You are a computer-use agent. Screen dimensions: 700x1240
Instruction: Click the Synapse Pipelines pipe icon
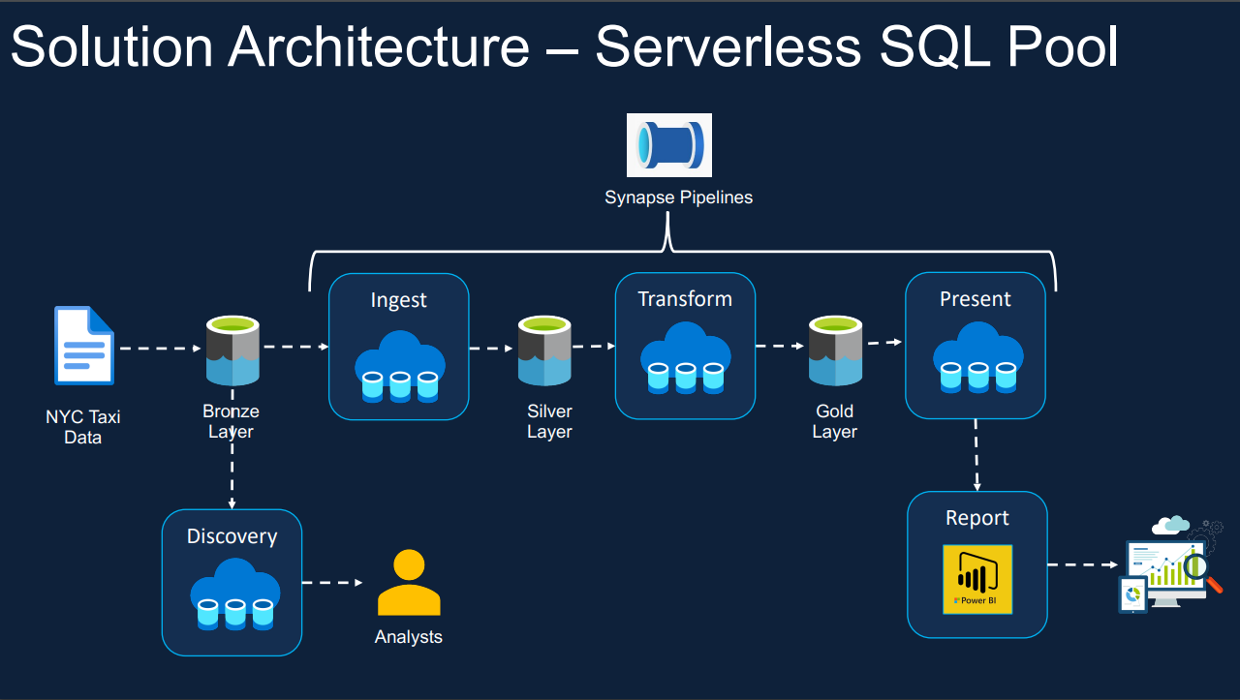pyautogui.click(x=668, y=145)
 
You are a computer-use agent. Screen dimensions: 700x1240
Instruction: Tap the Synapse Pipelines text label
pyautogui.click(x=678, y=198)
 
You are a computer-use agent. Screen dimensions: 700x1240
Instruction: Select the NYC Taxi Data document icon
pyautogui.click(x=84, y=346)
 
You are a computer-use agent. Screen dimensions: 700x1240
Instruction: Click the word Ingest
pyautogui.click(x=398, y=300)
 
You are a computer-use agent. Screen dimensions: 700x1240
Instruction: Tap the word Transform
pyautogui.click(x=685, y=299)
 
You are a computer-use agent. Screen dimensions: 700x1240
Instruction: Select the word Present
pyautogui.click(x=975, y=299)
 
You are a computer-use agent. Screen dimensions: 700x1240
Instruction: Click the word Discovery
pyautogui.click(x=232, y=536)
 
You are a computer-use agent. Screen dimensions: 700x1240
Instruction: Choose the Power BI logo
pyautogui.click(x=977, y=579)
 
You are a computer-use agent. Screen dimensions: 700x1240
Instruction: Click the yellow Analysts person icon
pyautogui.click(x=409, y=583)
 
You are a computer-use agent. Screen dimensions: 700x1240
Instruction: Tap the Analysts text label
pyautogui.click(x=409, y=637)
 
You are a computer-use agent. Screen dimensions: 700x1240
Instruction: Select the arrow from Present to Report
pyautogui.click(x=976, y=455)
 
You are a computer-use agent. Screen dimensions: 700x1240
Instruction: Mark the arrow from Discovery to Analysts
pyautogui.click(x=332, y=583)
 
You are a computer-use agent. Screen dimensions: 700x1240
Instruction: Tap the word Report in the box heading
pyautogui.click(x=976, y=518)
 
